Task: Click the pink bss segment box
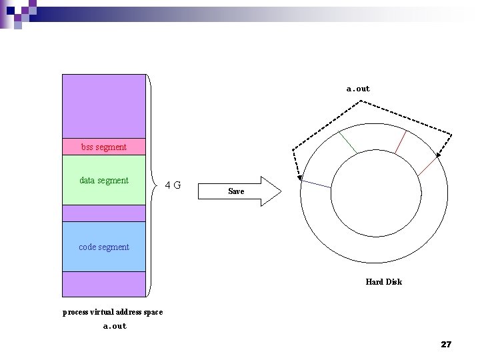(104, 147)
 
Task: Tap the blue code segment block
(104, 247)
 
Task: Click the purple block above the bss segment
(104, 105)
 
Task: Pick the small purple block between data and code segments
(104, 213)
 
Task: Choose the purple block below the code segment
(104, 284)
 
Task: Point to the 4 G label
(173, 185)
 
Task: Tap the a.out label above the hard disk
(358, 89)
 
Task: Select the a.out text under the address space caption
(115, 326)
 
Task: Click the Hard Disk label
(383, 282)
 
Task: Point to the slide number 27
(446, 344)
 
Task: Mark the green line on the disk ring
(347, 141)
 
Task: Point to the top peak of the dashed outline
(361, 101)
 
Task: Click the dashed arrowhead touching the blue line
(299, 178)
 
